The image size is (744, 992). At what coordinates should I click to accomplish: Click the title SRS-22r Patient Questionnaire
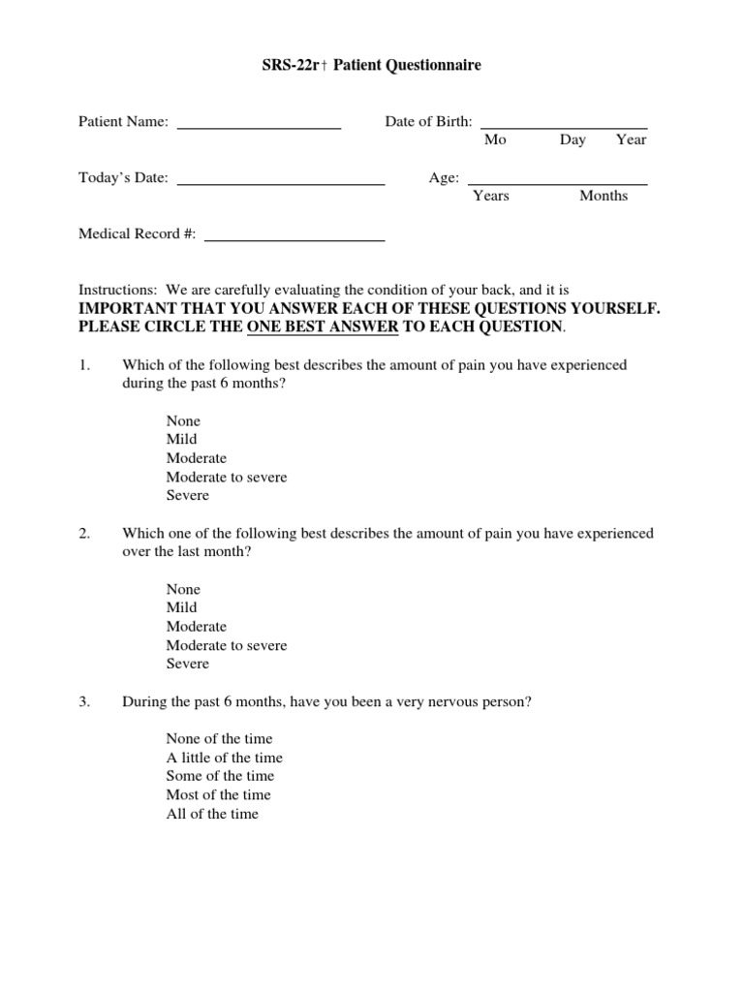pos(372,66)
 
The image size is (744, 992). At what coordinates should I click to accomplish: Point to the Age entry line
pos(557,181)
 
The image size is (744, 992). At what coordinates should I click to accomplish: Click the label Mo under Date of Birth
pos(495,140)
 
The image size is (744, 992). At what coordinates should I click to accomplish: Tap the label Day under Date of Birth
pos(573,140)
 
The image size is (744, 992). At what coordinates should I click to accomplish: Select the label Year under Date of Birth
pos(631,140)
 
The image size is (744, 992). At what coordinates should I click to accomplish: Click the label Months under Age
pos(604,197)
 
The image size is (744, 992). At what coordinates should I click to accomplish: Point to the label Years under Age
pos(491,197)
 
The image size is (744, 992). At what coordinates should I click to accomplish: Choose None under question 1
pos(183,421)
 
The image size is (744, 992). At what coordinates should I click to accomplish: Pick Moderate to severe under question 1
pos(227,478)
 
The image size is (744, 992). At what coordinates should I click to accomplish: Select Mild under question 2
pos(181,608)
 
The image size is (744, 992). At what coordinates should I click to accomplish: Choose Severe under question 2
pos(187,665)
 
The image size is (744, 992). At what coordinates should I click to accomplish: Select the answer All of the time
pos(212,815)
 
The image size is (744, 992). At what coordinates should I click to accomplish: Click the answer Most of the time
pos(218,795)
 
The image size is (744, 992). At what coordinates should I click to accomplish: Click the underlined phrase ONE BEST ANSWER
pos(323,327)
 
